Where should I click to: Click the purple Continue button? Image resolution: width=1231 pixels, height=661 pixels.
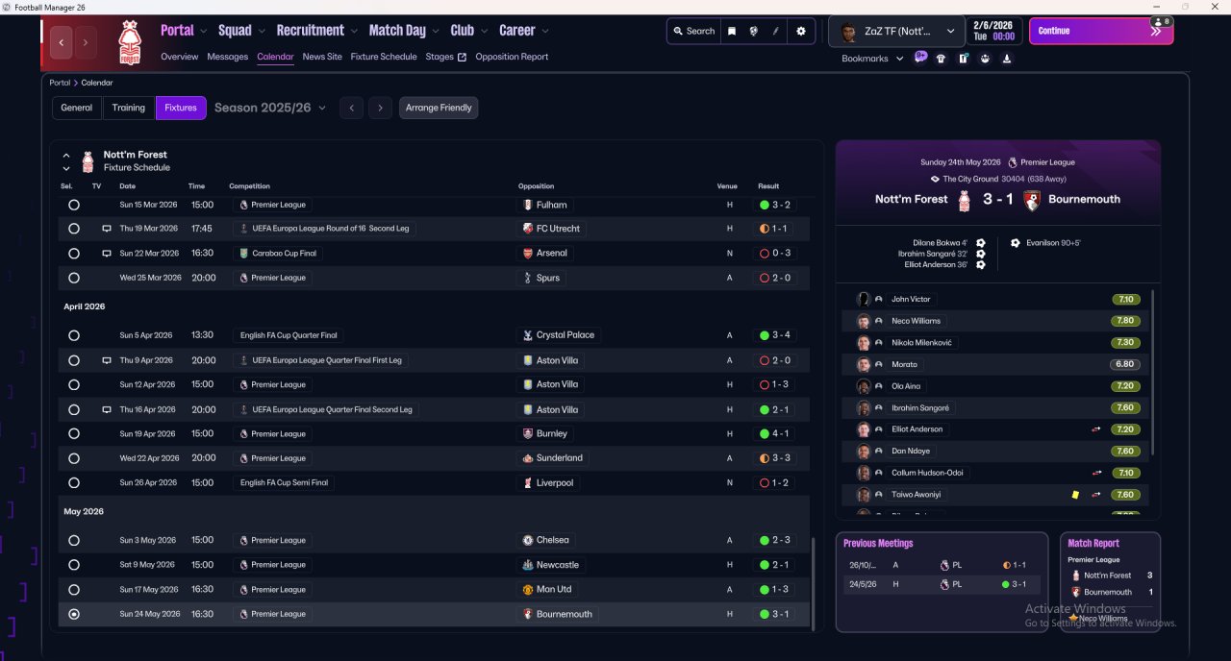tap(1100, 31)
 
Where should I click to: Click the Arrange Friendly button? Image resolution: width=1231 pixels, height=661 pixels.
tap(439, 108)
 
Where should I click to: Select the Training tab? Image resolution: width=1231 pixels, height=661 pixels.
tap(129, 108)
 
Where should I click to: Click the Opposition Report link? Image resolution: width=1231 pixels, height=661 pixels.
tap(512, 57)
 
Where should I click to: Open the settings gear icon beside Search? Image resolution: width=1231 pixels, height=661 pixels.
tap(801, 31)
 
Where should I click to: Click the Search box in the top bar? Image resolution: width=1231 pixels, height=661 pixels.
tap(693, 31)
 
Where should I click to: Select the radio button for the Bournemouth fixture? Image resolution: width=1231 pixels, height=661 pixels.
tap(74, 614)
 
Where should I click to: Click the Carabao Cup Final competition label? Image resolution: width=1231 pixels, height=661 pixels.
tap(277, 254)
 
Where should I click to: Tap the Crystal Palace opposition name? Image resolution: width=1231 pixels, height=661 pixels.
tap(565, 335)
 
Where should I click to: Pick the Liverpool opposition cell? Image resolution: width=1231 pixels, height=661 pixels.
tap(554, 482)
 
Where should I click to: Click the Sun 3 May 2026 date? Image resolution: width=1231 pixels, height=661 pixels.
tap(147, 540)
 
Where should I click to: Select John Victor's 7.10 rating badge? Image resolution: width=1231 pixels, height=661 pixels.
tap(1126, 300)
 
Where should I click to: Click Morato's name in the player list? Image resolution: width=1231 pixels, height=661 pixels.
tap(904, 364)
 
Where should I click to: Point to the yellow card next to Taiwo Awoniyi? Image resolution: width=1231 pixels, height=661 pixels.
tap(1075, 495)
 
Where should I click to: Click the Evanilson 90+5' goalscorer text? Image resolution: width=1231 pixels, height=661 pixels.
tap(1051, 243)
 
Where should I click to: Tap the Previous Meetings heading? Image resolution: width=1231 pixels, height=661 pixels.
tap(878, 544)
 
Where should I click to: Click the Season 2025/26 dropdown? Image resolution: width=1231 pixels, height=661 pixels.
tap(269, 108)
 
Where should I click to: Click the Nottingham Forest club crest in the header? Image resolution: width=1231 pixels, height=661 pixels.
tap(129, 42)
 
